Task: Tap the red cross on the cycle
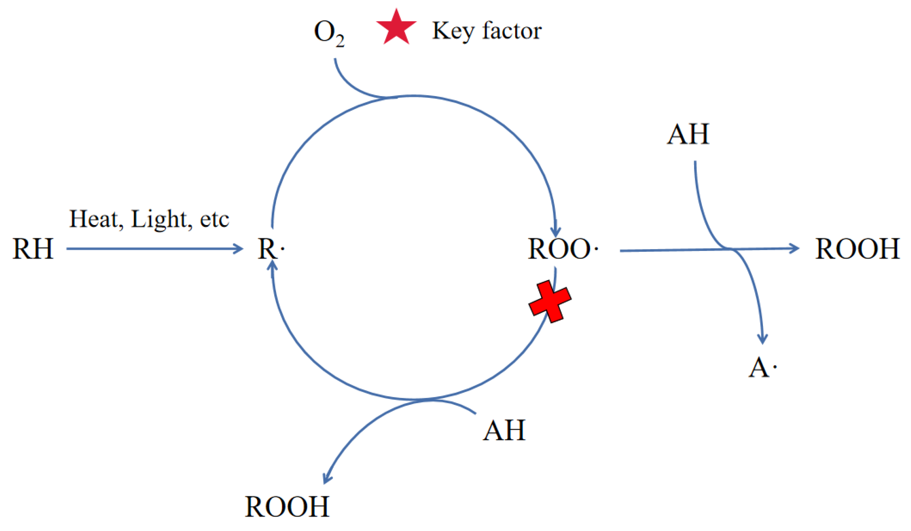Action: click(x=550, y=301)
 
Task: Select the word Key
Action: click(x=453, y=31)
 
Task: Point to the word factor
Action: click(x=512, y=31)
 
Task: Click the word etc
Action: click(x=215, y=220)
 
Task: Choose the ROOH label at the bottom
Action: click(x=287, y=507)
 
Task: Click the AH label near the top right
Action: click(x=688, y=134)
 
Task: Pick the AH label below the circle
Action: click(x=504, y=431)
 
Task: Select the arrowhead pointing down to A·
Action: click(x=762, y=338)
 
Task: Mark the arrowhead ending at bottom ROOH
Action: click(x=326, y=479)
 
